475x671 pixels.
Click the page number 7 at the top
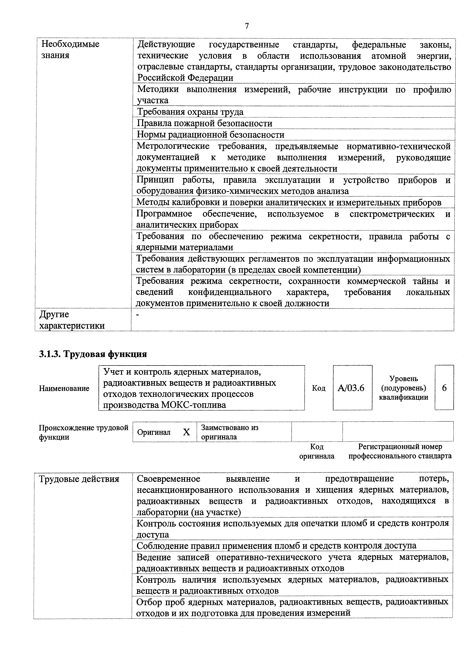coord(247,26)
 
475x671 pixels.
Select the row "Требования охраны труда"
coord(190,112)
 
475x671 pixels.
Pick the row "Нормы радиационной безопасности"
coord(211,135)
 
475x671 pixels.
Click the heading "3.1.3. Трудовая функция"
coord(93,354)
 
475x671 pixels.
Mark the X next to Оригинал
coord(186,432)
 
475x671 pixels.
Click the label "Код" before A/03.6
coord(319,388)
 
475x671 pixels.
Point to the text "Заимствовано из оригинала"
coord(230,432)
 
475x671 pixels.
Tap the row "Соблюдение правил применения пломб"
coord(276,546)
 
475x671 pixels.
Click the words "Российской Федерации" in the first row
coord(185,78)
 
